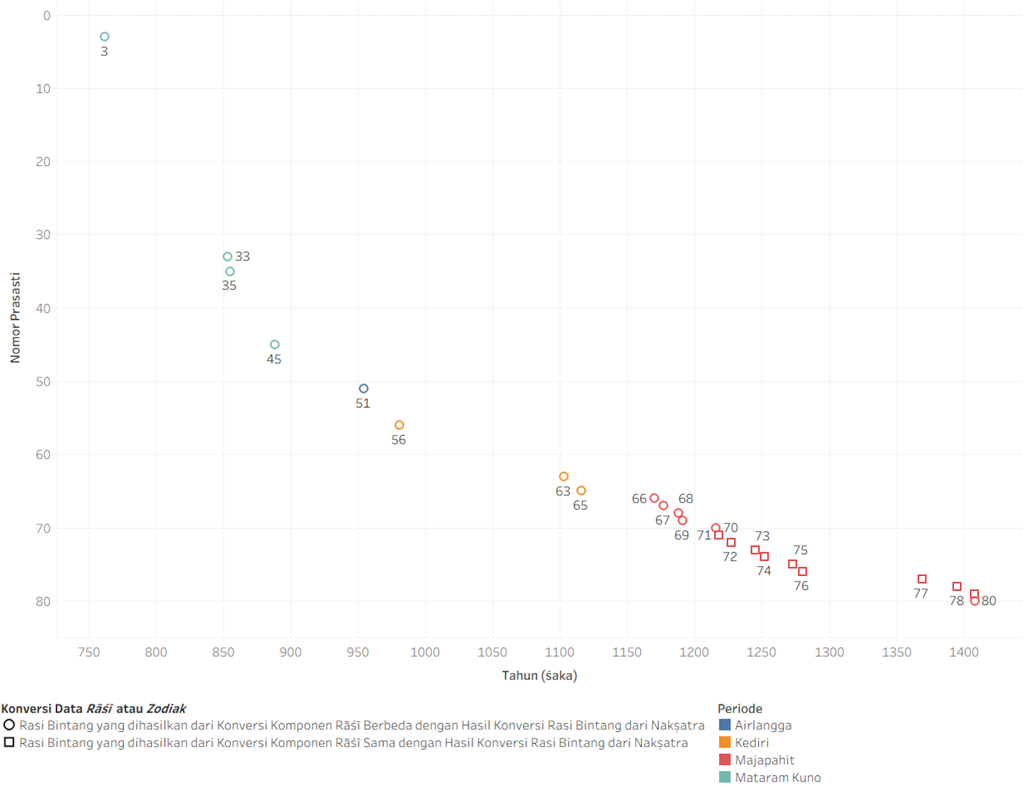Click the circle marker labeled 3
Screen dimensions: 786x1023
click(x=104, y=37)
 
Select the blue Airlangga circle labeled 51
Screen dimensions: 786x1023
click(x=363, y=389)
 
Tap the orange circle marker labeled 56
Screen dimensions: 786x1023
click(x=399, y=425)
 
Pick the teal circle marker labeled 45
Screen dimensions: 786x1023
click(x=274, y=345)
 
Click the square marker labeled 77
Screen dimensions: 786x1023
click(x=922, y=579)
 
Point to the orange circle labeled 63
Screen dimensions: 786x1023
click(x=564, y=477)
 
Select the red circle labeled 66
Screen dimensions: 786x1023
click(x=654, y=498)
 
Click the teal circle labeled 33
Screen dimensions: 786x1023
click(x=228, y=257)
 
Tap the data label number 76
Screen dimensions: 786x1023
click(x=801, y=586)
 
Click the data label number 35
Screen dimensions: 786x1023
click(x=229, y=285)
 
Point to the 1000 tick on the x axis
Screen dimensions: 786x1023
click(x=425, y=652)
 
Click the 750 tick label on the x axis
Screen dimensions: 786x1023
click(x=89, y=652)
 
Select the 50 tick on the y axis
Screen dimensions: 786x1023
click(x=43, y=382)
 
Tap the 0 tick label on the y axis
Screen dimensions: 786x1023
click(x=47, y=16)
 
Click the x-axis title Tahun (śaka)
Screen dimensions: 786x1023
click(x=539, y=676)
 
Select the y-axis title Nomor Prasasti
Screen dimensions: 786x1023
click(x=15, y=318)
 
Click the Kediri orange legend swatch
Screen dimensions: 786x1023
click(x=725, y=742)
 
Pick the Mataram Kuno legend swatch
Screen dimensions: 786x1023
click(x=725, y=777)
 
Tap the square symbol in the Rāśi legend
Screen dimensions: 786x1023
click(x=9, y=742)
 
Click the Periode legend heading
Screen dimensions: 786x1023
click(x=740, y=709)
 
